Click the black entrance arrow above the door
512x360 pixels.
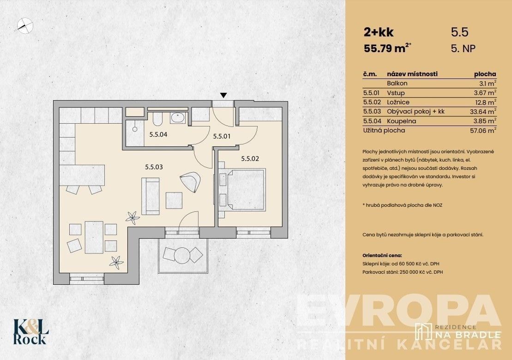(223, 96)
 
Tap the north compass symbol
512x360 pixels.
(24, 24)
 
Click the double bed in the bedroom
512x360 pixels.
(244, 189)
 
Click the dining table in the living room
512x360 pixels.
(94, 237)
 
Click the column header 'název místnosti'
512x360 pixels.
(412, 74)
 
